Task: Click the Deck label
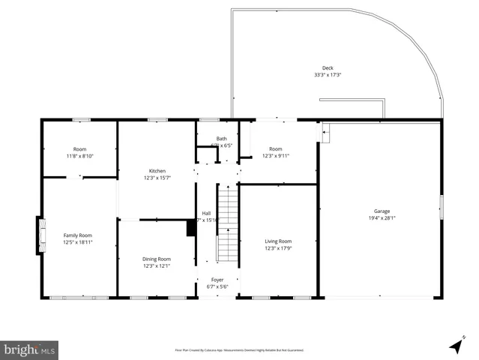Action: click(x=328, y=67)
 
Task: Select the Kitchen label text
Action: click(x=157, y=171)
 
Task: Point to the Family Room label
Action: click(x=77, y=235)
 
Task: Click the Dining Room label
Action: click(x=157, y=259)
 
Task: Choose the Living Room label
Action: click(x=277, y=241)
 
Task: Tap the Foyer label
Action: click(x=217, y=280)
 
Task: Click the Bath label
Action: click(x=221, y=139)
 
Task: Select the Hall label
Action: click(x=206, y=213)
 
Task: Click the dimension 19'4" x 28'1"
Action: click(x=382, y=218)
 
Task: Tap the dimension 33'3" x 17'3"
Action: click(x=328, y=75)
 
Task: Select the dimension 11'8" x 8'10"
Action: click(x=79, y=156)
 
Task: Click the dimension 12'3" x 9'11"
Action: click(x=276, y=156)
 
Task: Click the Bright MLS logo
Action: click(x=30, y=349)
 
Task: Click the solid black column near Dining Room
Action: click(x=191, y=228)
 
